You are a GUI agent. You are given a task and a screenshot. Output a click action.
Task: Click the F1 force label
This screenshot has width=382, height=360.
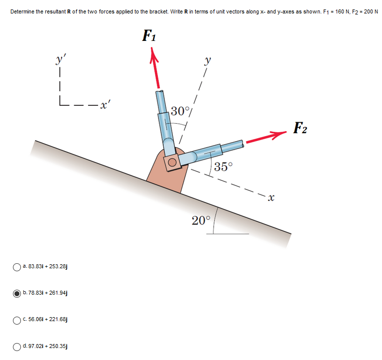(x=148, y=36)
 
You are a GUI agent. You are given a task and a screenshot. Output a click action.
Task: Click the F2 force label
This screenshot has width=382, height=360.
(x=300, y=128)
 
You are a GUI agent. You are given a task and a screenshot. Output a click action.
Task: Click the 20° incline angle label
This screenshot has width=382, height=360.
(x=202, y=220)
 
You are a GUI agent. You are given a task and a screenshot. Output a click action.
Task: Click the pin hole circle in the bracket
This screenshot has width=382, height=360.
(x=172, y=163)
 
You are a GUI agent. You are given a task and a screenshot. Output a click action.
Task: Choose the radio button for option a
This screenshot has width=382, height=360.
(x=17, y=267)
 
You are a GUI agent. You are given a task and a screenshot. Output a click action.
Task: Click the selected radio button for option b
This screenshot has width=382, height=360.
(x=17, y=293)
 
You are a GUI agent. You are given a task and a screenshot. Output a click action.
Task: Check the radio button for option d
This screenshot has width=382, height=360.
(x=17, y=346)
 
